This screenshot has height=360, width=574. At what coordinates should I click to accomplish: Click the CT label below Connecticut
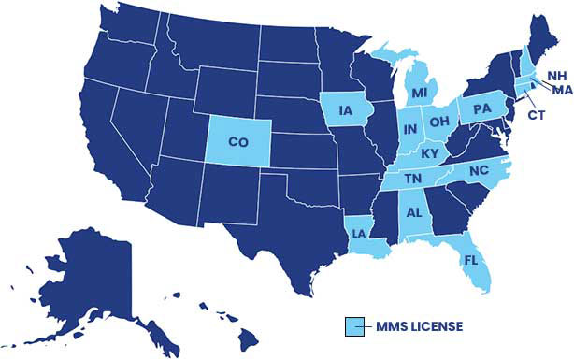537,115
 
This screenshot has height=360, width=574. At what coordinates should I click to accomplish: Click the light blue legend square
353,325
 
